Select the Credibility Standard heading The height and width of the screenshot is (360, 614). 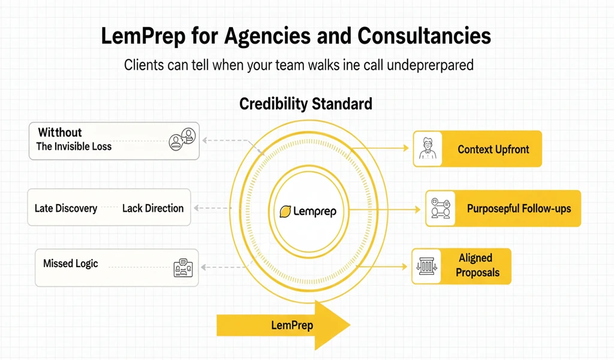pyautogui.click(x=306, y=104)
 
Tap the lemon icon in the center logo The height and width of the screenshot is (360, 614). pyautogui.click(x=285, y=212)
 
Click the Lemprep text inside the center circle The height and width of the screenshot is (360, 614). pyautogui.click(x=315, y=212)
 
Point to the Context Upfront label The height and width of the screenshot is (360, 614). pyautogui.click(x=493, y=149)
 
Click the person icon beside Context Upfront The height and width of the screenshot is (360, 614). pyautogui.click(x=428, y=149)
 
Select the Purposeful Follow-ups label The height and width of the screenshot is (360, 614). pyautogui.click(x=519, y=208)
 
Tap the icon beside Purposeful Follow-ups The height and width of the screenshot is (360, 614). pyautogui.click(x=441, y=208)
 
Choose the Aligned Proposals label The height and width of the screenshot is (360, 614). pyautogui.click(x=477, y=265)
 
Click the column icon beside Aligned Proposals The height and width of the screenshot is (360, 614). pyautogui.click(x=427, y=266)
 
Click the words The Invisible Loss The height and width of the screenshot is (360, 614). pyautogui.click(x=74, y=146)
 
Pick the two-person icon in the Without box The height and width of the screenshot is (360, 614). pyautogui.click(x=182, y=139)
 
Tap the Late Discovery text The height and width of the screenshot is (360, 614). pyautogui.click(x=66, y=208)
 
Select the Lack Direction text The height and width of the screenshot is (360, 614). pyautogui.click(x=153, y=208)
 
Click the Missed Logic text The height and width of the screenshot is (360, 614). pyautogui.click(x=71, y=263)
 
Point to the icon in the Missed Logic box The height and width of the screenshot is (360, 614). pyautogui.click(x=183, y=268)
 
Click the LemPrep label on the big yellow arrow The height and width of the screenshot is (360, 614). pyautogui.click(x=292, y=326)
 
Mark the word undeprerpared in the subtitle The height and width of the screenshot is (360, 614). pyautogui.click(x=431, y=65)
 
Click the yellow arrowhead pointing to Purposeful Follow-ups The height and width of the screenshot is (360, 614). pyautogui.click(x=417, y=210)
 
